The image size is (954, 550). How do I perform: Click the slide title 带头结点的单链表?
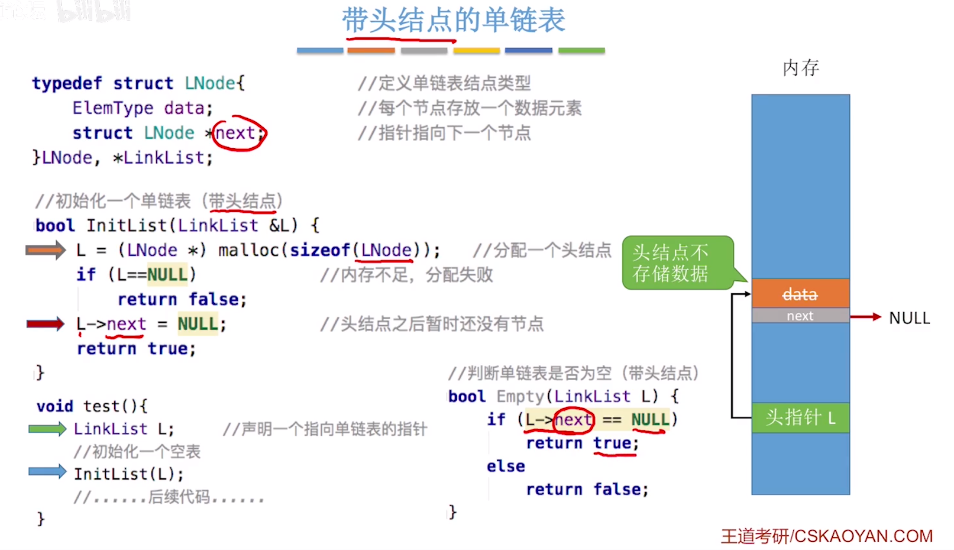coord(453,20)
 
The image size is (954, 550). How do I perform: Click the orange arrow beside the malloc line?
coord(46,250)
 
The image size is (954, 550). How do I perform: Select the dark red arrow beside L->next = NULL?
coord(46,324)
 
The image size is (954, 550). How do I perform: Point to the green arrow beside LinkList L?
coord(47,429)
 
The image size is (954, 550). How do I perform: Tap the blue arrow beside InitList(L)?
coord(47,471)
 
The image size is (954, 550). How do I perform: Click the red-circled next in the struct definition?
coord(236,133)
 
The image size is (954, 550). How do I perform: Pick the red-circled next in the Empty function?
coord(573,420)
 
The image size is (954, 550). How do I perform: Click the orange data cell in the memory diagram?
coord(800,294)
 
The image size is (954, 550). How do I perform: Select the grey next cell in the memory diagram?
coord(800,316)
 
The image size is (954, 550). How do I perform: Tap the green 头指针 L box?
coord(800,418)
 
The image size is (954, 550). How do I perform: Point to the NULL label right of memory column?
coord(909,318)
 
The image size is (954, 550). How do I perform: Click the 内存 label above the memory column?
coord(801,68)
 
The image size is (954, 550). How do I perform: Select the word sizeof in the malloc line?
coord(320,250)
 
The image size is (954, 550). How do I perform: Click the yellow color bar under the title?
coord(476,51)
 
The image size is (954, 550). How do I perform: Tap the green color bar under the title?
coord(581,51)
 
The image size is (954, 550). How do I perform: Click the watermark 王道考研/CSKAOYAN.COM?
coord(827,536)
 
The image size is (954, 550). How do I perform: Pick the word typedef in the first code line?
coord(67,84)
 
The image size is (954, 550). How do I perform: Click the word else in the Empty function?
coord(506,466)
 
